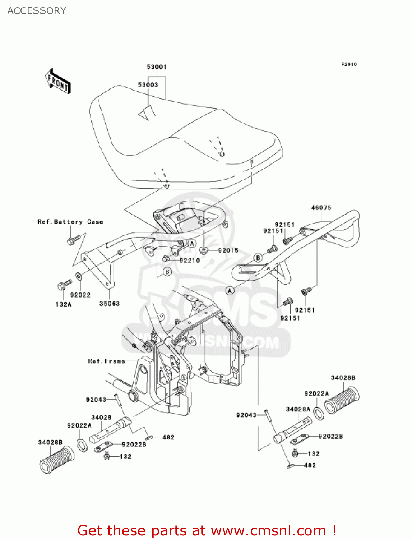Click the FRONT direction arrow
(x=57, y=82)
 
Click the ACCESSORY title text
(x=37, y=11)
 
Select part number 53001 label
(x=157, y=67)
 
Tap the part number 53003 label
(x=148, y=85)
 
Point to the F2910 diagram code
(x=349, y=64)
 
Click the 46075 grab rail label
(x=321, y=208)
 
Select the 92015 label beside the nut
(x=228, y=250)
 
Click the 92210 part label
(x=190, y=261)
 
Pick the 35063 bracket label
(x=110, y=304)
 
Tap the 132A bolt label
(x=64, y=304)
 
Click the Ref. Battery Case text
(x=70, y=222)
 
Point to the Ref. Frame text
(x=107, y=361)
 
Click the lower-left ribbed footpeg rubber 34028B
(x=56, y=460)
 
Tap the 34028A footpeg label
(x=298, y=409)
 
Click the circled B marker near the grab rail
(x=258, y=258)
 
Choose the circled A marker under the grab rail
(x=230, y=290)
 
